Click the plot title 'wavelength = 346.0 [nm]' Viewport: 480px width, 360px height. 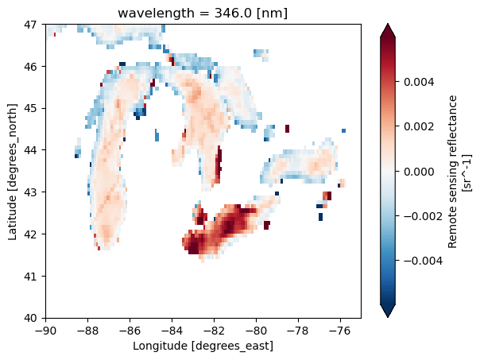pyautogui.click(x=203, y=13)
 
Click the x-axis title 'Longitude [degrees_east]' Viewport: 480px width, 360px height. pyautogui.click(x=203, y=346)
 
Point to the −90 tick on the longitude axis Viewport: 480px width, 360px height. pyautogui.click(x=45, y=329)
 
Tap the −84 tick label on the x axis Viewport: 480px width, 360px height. pyautogui.click(x=172, y=329)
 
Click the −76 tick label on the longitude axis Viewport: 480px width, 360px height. pyautogui.click(x=340, y=329)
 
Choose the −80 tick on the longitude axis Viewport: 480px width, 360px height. pyautogui.click(x=256, y=329)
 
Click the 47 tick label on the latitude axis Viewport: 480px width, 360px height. pyautogui.click(x=30, y=25)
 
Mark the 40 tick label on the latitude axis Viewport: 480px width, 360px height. pyautogui.click(x=30, y=318)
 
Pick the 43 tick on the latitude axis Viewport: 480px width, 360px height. pyautogui.click(x=30, y=192)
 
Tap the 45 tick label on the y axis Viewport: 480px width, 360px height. pyautogui.click(x=30, y=108)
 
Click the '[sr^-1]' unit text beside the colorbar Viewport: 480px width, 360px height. pyautogui.click(x=466, y=171)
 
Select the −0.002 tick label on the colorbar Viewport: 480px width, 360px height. pyautogui.click(x=415, y=215)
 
